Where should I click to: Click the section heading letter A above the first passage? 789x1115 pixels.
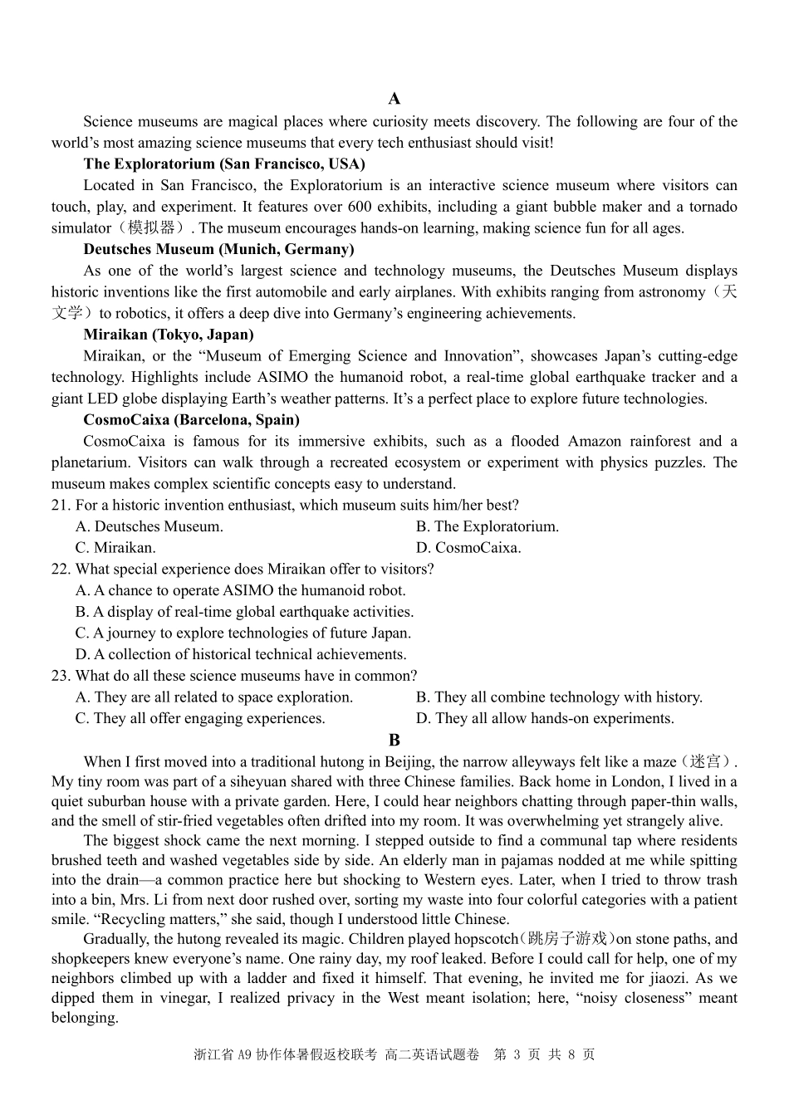[394, 100]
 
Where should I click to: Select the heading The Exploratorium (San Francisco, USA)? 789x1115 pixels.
[223, 164]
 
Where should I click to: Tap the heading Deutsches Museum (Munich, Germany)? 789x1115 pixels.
[218, 249]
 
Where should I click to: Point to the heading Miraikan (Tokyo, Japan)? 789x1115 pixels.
[169, 335]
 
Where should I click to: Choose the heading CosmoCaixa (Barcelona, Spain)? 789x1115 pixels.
[191, 420]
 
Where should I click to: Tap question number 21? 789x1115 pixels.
[61, 506]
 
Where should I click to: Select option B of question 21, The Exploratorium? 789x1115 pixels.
[488, 527]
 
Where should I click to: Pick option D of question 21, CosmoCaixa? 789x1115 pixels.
[469, 548]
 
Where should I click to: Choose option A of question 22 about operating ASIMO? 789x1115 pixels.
[240, 591]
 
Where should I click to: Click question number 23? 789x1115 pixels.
[61, 677]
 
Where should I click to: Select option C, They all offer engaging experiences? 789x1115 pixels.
[200, 719]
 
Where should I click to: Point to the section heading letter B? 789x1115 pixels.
[394, 740]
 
